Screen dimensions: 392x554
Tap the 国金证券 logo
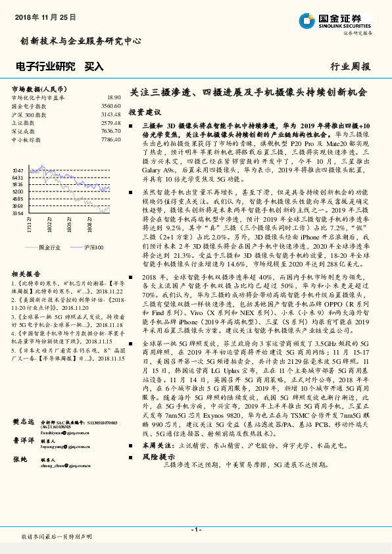point(335,20)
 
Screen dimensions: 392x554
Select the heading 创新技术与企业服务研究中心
point(81,41)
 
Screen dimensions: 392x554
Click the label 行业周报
point(350,66)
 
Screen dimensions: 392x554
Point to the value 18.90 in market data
point(113,97)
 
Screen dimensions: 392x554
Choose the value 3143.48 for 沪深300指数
point(110,114)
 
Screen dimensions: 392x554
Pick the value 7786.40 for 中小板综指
point(110,139)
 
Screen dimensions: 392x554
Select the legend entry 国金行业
point(49,247)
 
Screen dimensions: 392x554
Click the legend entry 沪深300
point(94,247)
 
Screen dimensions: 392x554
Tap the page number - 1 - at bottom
point(195,530)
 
